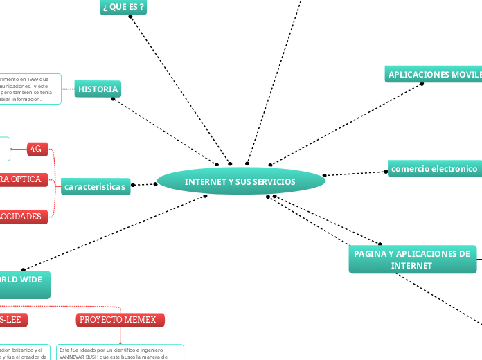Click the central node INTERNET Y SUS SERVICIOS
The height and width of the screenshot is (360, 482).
240,181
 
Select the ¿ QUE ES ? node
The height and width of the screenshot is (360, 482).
123,7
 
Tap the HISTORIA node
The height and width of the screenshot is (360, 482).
98,89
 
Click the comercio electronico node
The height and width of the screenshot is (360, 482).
434,168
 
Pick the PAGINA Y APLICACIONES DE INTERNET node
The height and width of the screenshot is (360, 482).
411,260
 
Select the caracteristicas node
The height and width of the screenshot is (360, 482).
95,187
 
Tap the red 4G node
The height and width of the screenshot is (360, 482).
37,149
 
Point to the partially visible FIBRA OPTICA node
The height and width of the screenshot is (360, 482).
24,180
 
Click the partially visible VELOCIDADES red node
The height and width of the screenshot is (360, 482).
24,217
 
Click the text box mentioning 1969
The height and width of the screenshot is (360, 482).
29,89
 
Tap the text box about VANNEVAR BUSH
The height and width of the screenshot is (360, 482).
119,352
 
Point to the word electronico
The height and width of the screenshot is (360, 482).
454,168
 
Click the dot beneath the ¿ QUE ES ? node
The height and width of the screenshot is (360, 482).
130,17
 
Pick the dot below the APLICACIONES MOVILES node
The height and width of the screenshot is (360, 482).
422,84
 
